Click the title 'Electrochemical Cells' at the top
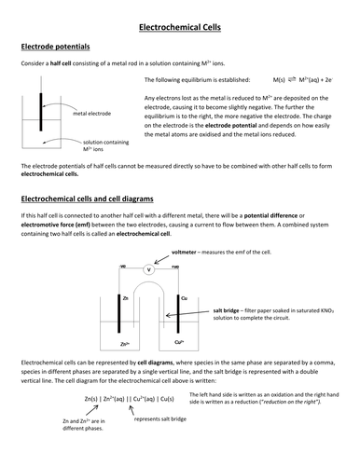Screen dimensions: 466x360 (x=180, y=31)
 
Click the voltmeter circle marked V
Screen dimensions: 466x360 (x=147, y=269)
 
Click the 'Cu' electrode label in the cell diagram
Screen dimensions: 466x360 (x=183, y=297)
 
